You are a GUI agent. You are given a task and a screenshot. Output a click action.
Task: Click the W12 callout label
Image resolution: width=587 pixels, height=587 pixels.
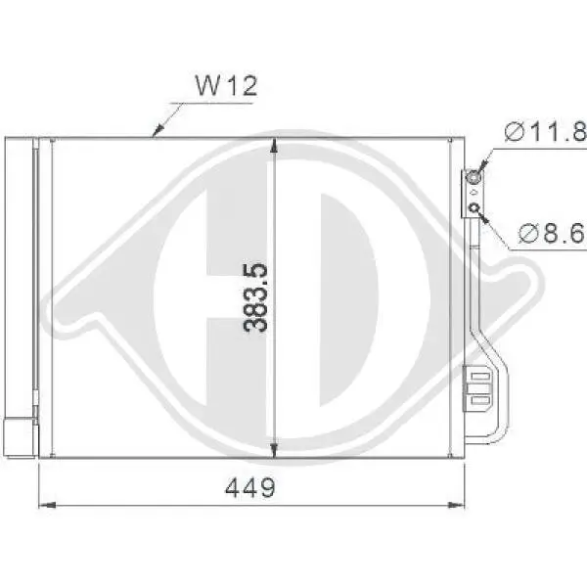point(226,86)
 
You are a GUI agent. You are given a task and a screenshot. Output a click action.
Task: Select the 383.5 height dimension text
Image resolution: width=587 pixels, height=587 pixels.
point(257,296)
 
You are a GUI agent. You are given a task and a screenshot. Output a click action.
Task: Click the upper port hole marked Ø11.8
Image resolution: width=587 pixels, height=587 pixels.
point(474,178)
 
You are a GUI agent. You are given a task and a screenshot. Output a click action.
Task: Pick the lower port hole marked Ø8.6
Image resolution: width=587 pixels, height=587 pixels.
point(474,206)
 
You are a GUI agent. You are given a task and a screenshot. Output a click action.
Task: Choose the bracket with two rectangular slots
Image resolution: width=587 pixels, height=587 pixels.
point(479,386)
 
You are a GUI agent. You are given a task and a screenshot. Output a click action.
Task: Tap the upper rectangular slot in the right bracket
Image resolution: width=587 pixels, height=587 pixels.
point(478,373)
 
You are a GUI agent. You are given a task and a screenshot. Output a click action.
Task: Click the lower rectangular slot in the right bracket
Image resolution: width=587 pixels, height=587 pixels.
point(478,398)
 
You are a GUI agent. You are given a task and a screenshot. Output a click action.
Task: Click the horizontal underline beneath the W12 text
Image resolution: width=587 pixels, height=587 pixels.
point(215,102)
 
